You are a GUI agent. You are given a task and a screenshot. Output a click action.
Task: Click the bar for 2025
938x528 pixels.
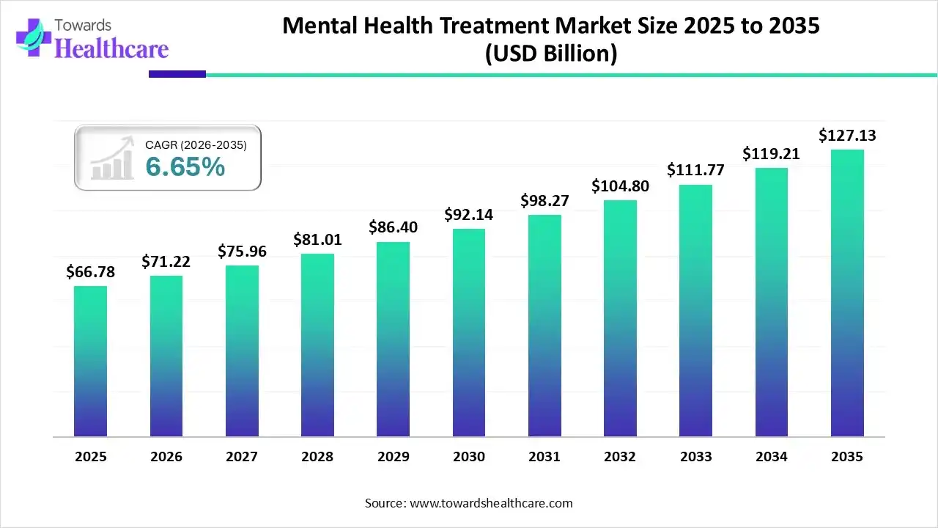click(x=90, y=361)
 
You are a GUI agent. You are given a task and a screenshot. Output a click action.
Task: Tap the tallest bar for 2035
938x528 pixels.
click(x=847, y=293)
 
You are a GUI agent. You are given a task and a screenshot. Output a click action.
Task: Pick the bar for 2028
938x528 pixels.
click(x=317, y=345)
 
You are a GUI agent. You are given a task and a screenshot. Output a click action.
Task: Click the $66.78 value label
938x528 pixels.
click(x=90, y=273)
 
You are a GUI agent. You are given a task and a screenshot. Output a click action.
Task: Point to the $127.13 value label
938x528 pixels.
click(x=847, y=136)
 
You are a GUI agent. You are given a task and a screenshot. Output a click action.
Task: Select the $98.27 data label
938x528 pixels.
click(x=544, y=200)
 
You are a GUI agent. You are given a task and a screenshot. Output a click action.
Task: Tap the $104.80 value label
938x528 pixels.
click(x=620, y=186)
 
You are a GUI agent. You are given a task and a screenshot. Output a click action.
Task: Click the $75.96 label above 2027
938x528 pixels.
click(x=242, y=252)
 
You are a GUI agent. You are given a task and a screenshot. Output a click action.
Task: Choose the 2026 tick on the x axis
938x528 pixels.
click(x=166, y=457)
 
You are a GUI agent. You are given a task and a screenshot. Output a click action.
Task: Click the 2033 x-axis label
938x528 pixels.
click(x=695, y=457)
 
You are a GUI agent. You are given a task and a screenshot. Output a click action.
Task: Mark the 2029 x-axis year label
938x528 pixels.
click(x=394, y=457)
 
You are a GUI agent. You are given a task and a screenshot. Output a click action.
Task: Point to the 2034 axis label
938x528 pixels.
click(x=772, y=457)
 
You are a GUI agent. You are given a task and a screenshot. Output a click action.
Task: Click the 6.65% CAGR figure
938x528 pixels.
click(x=185, y=167)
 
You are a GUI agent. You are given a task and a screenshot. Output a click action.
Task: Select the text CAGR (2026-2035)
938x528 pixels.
click(x=196, y=145)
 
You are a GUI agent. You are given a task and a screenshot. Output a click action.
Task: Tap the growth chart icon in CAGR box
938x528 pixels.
click(x=112, y=158)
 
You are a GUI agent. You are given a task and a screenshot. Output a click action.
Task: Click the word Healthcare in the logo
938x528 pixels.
click(x=111, y=48)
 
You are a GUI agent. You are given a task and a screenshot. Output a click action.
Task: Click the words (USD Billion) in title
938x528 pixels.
click(x=550, y=54)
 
